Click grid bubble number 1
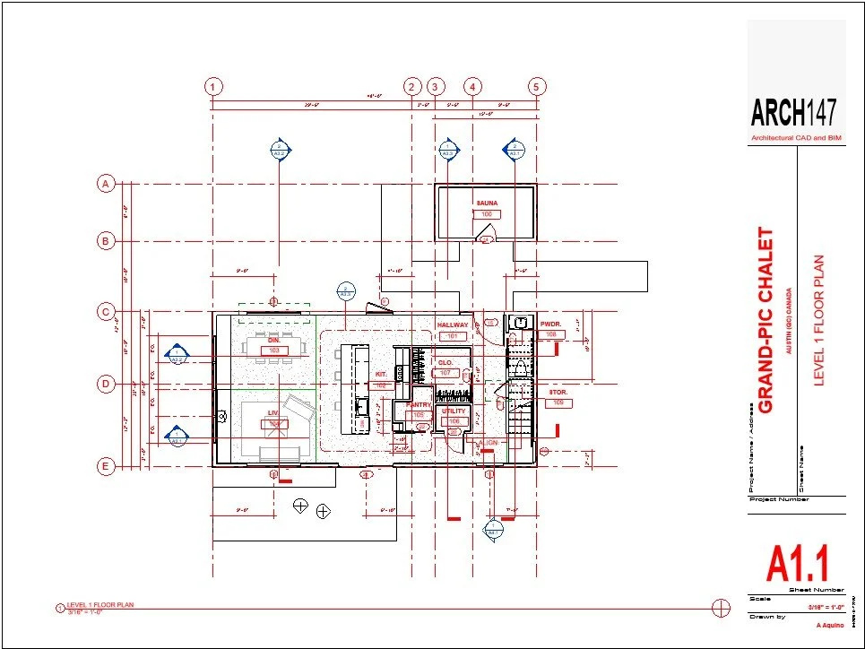(212, 87)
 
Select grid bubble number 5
(537, 87)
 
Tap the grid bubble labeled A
(106, 184)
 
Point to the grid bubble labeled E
(106, 466)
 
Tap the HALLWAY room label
(453, 324)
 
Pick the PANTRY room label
(419, 405)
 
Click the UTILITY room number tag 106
(454, 420)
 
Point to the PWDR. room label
(550, 324)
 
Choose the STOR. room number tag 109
(559, 402)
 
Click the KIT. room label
(381, 373)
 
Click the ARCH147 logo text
(794, 113)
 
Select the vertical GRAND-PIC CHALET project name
(766, 321)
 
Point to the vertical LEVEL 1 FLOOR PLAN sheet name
(817, 321)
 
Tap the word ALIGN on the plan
(488, 443)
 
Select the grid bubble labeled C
(106, 312)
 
